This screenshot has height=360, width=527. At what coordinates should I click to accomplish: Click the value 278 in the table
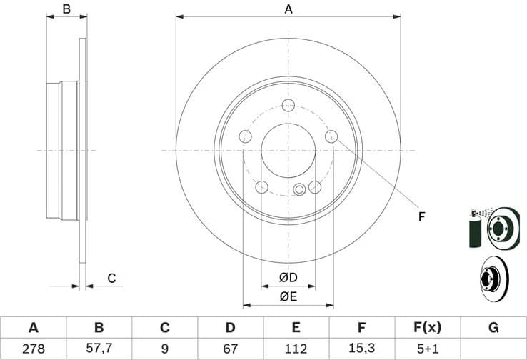point(33,349)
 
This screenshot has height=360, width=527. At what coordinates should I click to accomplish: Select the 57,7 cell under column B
point(99,349)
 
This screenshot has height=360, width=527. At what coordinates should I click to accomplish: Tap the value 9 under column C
point(164,349)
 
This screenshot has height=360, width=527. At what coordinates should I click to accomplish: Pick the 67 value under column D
point(230,349)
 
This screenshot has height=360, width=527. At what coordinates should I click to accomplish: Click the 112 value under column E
point(296,349)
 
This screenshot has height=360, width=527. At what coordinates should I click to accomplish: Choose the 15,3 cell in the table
point(361,349)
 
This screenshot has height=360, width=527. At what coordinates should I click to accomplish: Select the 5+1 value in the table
point(427,349)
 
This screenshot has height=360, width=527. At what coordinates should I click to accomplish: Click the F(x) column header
point(427,328)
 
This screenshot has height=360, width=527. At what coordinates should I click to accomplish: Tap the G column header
point(493,328)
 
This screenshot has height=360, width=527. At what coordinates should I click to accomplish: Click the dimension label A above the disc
point(288,9)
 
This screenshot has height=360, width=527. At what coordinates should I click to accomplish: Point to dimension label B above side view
point(66,9)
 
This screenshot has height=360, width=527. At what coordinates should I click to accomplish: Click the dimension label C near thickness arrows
point(111,278)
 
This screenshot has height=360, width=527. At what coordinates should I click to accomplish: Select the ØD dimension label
point(288,277)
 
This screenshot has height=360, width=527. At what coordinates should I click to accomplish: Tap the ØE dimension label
point(288,295)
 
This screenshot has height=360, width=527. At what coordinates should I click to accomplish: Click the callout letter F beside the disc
point(421,216)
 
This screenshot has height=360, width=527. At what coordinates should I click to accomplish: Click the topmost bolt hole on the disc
point(288,106)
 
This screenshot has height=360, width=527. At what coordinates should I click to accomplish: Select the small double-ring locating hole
point(300,189)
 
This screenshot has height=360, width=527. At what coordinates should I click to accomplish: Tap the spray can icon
point(474,229)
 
